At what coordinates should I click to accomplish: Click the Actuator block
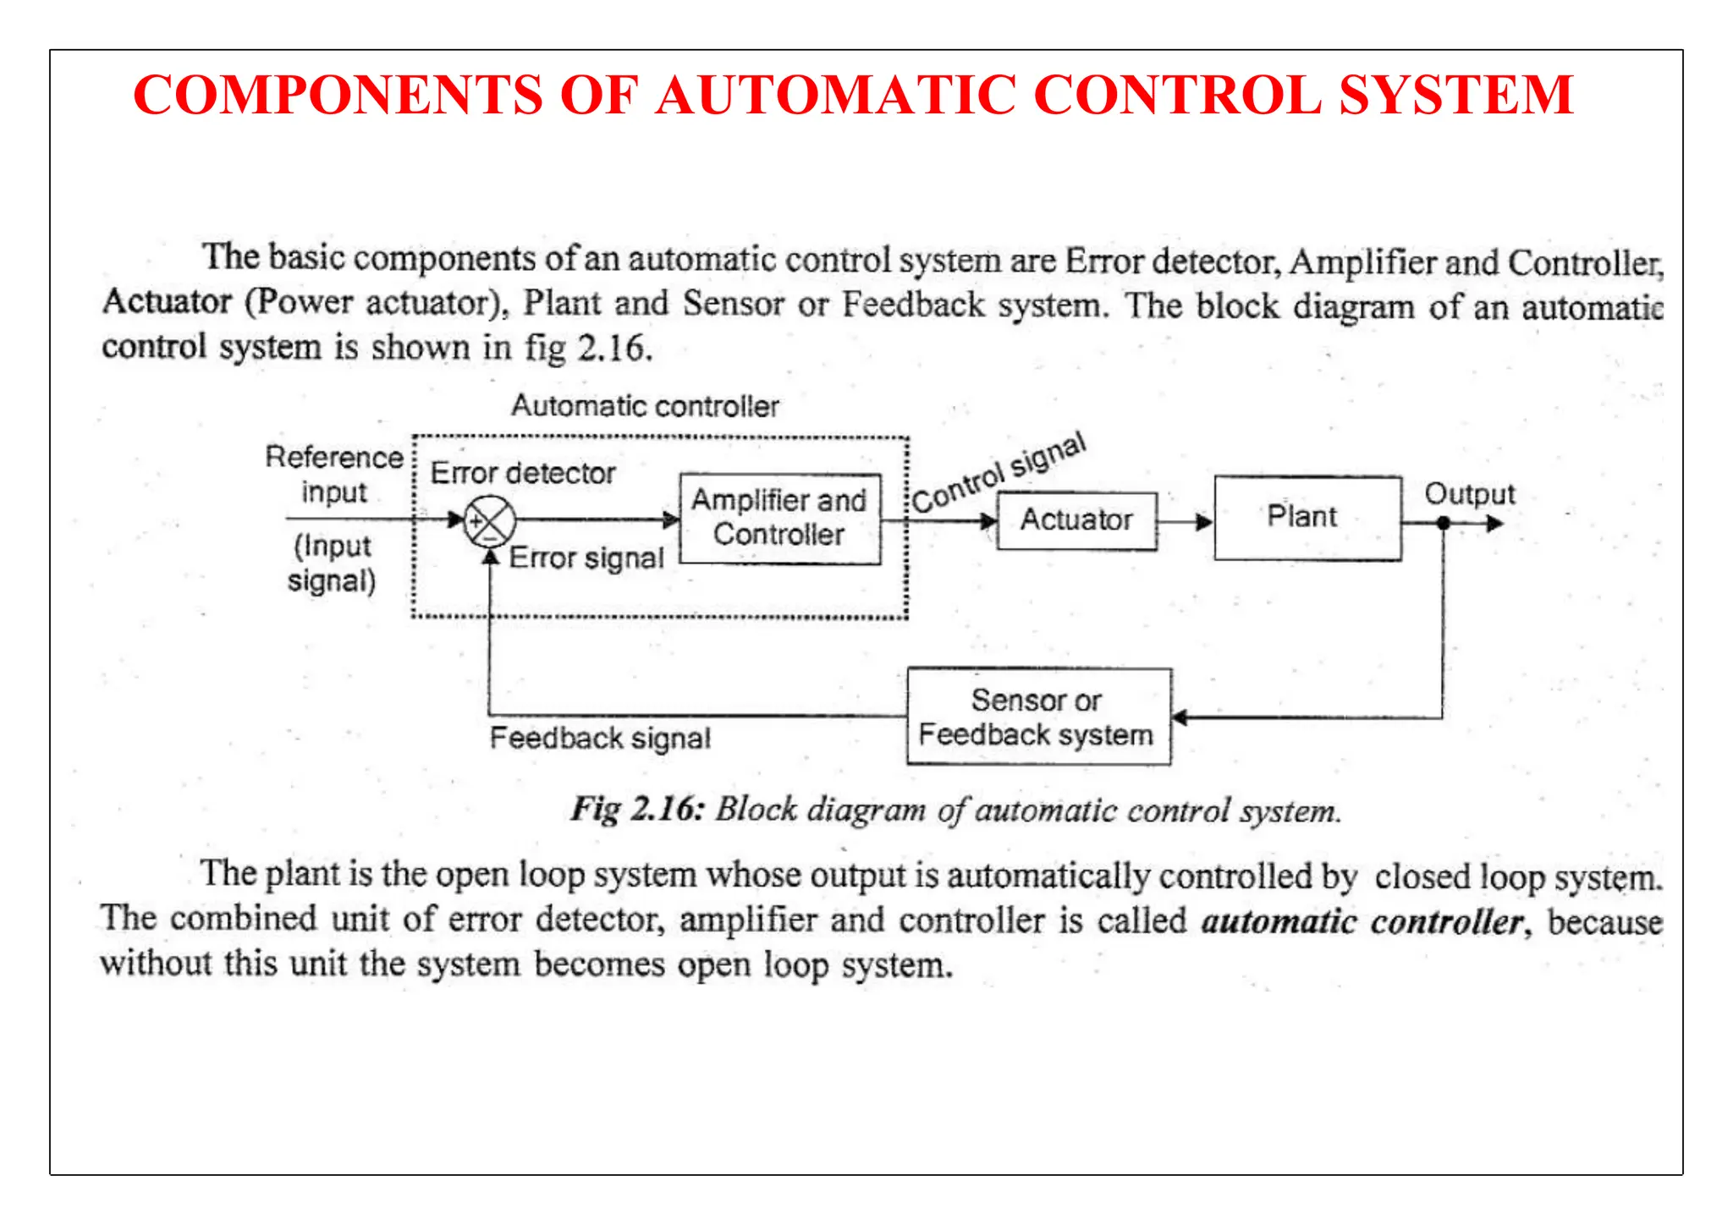pyautogui.click(x=1076, y=520)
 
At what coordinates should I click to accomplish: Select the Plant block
pyautogui.click(x=1307, y=518)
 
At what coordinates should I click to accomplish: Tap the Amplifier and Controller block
pyautogui.click(x=779, y=518)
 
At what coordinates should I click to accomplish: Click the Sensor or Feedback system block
pyautogui.click(x=1038, y=717)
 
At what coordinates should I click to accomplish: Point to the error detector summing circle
pyautogui.click(x=490, y=520)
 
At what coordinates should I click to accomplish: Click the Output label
pyautogui.click(x=1469, y=494)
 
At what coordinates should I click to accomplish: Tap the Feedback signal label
pyautogui.click(x=600, y=739)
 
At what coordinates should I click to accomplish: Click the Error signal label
pyautogui.click(x=586, y=558)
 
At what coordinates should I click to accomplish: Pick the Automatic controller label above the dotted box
pyautogui.click(x=645, y=407)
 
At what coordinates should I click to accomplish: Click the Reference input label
pyautogui.click(x=334, y=475)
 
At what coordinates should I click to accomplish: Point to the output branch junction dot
pyautogui.click(x=1444, y=524)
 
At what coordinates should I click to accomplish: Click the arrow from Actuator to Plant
pyautogui.click(x=1185, y=522)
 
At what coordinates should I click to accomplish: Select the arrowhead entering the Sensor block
pyautogui.click(x=1180, y=718)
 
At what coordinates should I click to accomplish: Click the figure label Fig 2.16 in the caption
pyautogui.click(x=637, y=810)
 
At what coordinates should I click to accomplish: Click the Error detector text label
pyautogui.click(x=523, y=474)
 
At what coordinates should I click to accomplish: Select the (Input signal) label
pyautogui.click(x=333, y=563)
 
